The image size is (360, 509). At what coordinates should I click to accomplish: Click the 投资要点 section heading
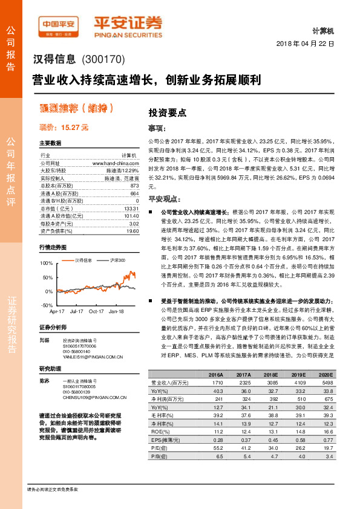[x=168, y=112]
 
